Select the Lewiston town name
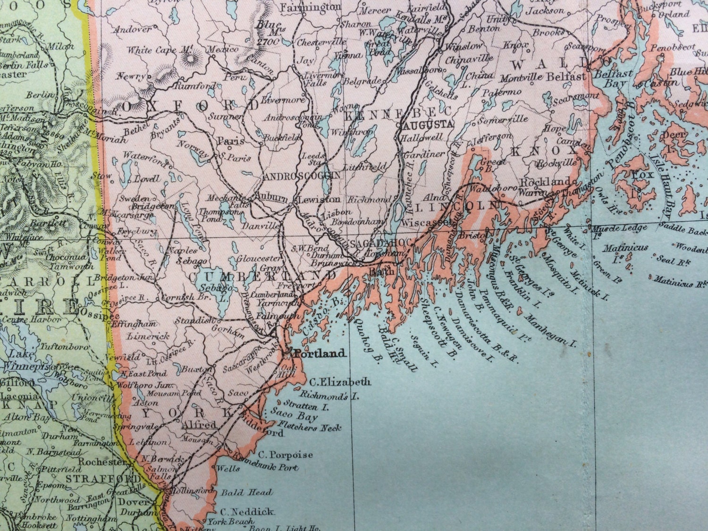coord(313,200)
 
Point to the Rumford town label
coord(188,86)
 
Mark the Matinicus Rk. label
coord(680,282)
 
